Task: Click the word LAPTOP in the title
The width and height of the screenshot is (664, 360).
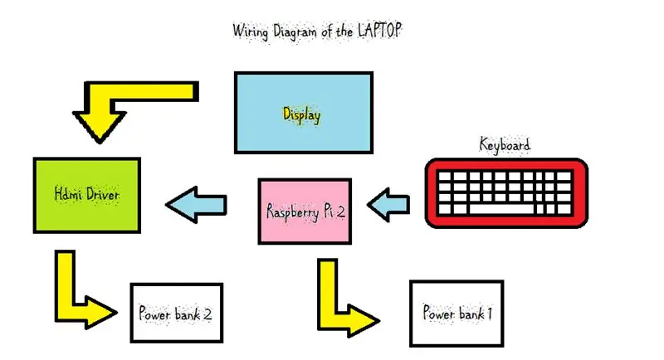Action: point(379,30)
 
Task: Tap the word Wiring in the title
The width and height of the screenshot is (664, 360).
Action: point(251,32)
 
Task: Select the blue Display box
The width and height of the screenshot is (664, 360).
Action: point(304,113)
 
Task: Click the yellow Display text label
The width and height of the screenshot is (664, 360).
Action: point(301,115)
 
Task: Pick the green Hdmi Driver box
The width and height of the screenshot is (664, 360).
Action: point(87,196)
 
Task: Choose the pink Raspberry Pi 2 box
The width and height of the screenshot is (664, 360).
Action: point(305,212)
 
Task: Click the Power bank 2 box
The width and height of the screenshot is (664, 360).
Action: point(177,313)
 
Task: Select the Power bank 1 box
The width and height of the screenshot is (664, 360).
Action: point(456,314)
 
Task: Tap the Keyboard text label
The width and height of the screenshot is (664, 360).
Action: point(505,144)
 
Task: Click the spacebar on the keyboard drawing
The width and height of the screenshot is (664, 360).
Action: point(501,208)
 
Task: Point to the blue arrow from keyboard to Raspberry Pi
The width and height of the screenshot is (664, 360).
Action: point(388,205)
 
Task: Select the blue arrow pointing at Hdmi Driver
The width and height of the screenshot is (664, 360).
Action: point(197,205)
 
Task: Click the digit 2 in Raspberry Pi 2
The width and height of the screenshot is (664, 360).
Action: point(339,211)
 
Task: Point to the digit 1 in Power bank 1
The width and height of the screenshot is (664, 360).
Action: point(489,314)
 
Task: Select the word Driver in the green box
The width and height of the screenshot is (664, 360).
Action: point(102,194)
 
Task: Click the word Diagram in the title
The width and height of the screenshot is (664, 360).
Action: point(295,32)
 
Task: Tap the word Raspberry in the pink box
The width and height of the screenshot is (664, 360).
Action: point(292,212)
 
